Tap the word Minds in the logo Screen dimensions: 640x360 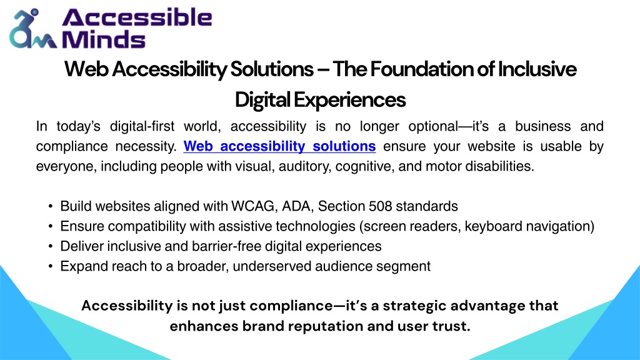pos(103,39)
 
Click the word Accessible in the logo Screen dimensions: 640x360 pos(137,17)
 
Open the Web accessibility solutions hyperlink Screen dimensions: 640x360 pos(279,146)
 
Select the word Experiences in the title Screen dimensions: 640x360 pos(349,100)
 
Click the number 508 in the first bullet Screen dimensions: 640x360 pos(381,206)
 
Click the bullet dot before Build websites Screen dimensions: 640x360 pos(50,206)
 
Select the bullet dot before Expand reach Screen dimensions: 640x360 pos(50,266)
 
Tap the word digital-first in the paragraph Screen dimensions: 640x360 pos(142,126)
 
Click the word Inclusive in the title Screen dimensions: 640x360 pos(537,69)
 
